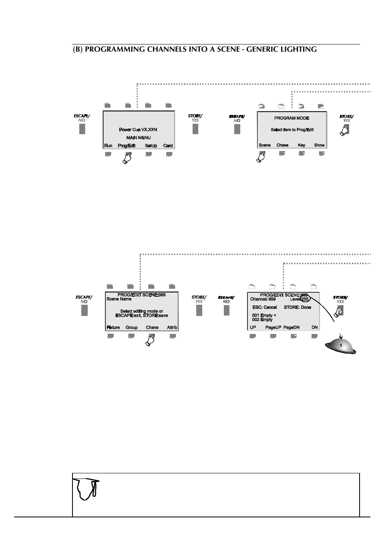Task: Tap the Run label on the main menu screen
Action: [108, 146]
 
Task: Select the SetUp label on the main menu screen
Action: [151, 146]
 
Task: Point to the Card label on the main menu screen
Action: [168, 146]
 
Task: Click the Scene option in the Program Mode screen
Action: [265, 145]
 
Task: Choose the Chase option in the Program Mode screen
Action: [282, 145]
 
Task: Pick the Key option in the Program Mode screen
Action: [302, 145]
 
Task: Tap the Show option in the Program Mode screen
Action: [319, 145]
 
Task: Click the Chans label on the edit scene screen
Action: [152, 328]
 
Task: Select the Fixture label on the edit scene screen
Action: [113, 328]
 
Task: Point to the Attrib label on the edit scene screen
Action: [172, 328]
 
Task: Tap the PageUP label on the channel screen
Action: [273, 328]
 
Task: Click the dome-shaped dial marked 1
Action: [340, 346]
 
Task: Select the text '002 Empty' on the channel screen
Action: [262, 320]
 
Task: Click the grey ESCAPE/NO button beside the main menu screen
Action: [82, 129]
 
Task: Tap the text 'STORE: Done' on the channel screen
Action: [298, 308]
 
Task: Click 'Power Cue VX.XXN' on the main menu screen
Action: [138, 130]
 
